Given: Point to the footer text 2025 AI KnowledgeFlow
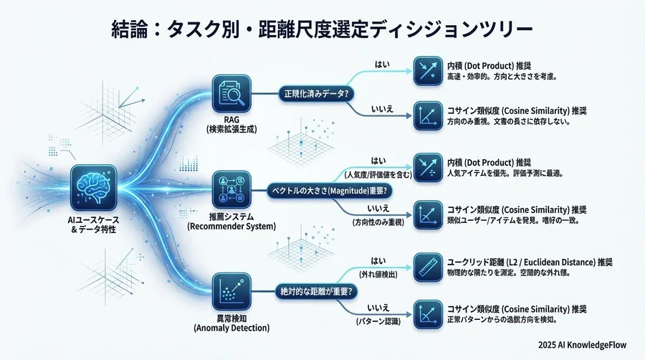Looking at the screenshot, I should coord(582,343).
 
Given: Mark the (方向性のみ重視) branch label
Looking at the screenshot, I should coord(379,222).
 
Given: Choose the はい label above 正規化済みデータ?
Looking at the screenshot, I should coord(383,65).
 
